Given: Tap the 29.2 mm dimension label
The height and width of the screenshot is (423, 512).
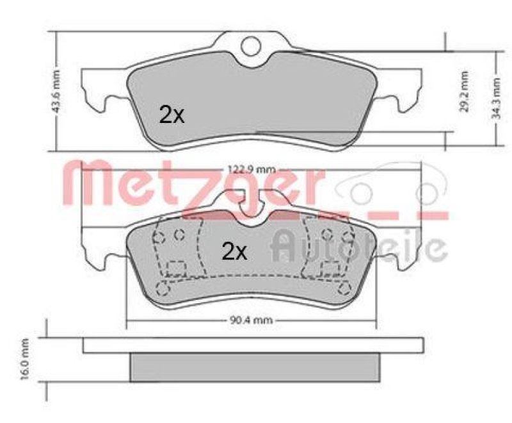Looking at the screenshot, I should click(465, 92).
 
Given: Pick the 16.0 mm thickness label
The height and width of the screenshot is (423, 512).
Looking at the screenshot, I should click(26, 360).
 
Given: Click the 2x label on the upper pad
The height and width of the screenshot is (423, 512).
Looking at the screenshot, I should click(171, 115).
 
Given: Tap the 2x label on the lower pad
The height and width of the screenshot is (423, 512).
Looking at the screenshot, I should click(234, 251).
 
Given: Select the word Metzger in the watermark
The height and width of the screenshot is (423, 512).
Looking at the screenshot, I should click(192, 186).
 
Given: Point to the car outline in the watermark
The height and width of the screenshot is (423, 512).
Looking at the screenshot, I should click(390, 186).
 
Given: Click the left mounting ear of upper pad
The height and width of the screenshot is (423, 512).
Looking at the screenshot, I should click(102, 90).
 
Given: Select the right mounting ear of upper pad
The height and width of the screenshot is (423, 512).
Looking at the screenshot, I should click(402, 90).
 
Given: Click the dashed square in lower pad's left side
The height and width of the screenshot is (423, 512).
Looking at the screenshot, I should click(175, 268).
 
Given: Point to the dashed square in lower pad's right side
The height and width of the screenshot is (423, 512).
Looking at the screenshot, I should click(330, 268).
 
